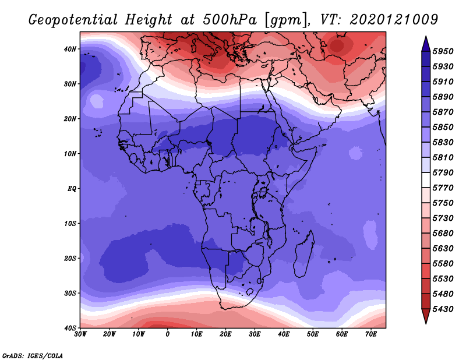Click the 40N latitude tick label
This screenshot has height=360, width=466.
pos(70,49)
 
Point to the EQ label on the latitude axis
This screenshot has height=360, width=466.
pos(72,189)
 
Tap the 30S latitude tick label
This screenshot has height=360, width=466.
pos(70,294)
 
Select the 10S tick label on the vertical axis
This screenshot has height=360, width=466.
pos(70,224)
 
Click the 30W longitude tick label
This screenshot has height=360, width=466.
pos(80,334)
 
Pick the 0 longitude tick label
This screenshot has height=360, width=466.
pos(168,334)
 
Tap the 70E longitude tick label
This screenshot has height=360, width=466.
pos(371,334)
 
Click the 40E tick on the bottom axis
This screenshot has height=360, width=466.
pos(284,334)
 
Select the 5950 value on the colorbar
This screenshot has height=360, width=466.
pos(443,51)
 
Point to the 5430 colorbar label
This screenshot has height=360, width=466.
pos(443,309)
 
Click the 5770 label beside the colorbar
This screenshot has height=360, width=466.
pos(443,188)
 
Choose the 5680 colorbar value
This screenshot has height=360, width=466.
pos(443,234)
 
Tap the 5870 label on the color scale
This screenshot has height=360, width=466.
pos(443,112)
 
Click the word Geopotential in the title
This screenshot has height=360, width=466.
pos(73,20)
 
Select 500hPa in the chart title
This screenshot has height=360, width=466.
pos(230,20)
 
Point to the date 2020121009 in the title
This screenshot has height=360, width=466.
pos(394,20)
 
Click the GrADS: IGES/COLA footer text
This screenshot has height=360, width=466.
pos(33,356)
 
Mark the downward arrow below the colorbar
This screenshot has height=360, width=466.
pos(426,316)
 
